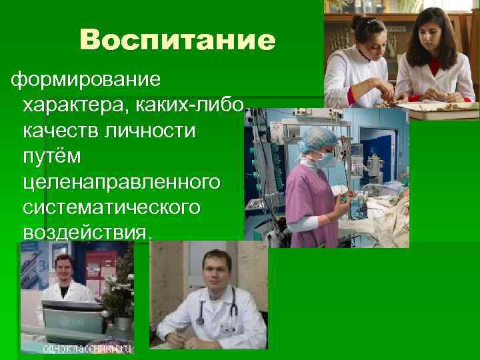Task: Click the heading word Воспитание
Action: tap(176, 41)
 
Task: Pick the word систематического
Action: tap(111, 207)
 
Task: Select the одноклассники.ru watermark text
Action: tap(87, 349)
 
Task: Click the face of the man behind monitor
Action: tap(64, 271)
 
